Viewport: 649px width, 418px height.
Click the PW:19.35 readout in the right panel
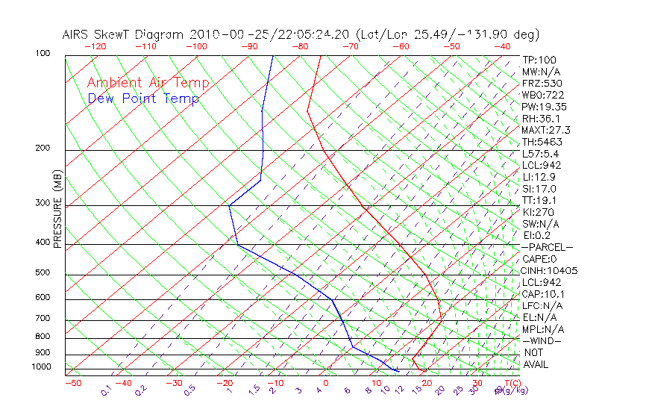point(544,107)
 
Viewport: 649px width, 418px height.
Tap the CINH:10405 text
point(550,271)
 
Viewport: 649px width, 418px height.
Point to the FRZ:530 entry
point(542,84)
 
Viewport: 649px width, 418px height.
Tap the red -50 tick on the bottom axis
point(72,383)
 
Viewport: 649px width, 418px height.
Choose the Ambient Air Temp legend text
point(148,84)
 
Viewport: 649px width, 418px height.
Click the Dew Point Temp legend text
point(143,99)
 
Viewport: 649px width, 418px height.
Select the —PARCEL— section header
point(547,247)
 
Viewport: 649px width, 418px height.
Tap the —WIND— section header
point(542,341)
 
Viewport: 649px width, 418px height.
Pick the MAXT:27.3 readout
point(546,130)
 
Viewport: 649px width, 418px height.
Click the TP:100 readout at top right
point(539,60)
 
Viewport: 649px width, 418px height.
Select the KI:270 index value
point(538,212)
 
